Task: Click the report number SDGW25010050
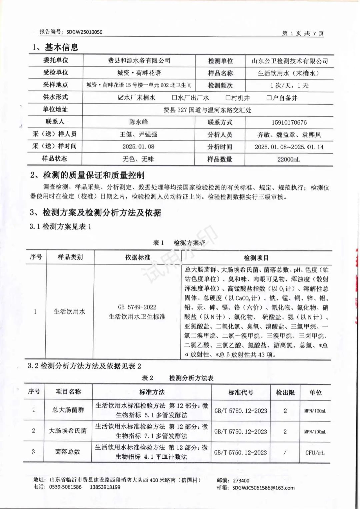(x=84, y=32)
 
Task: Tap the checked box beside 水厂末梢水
(x=121, y=98)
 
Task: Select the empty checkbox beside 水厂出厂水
(x=174, y=98)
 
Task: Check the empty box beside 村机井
(x=228, y=98)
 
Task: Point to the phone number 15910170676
(x=289, y=123)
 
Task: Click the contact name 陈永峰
(x=138, y=122)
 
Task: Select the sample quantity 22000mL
(x=289, y=159)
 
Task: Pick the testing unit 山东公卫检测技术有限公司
(x=289, y=61)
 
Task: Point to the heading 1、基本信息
(x=55, y=47)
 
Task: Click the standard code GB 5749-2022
(x=137, y=307)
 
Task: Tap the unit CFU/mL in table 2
(x=315, y=452)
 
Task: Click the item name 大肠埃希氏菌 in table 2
(x=68, y=431)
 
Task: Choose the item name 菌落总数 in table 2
(x=68, y=452)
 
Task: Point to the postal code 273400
(x=241, y=481)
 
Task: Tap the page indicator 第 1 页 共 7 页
(x=303, y=33)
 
